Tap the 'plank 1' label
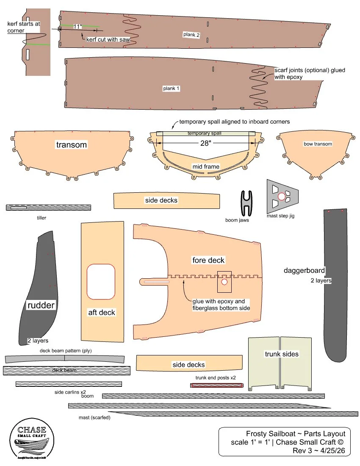point(172,89)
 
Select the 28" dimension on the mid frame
point(205,143)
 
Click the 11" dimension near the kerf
point(77,27)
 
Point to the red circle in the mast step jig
point(282,196)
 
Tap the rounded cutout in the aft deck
point(101,281)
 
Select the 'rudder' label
point(41,305)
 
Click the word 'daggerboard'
point(305,270)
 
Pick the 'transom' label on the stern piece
point(72,145)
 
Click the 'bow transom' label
point(318,144)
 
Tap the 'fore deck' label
point(208,260)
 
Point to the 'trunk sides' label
point(282,354)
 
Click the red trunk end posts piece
point(217,386)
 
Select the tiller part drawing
point(48,208)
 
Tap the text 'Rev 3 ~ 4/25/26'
point(321,450)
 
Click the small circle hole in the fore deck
point(224,281)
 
